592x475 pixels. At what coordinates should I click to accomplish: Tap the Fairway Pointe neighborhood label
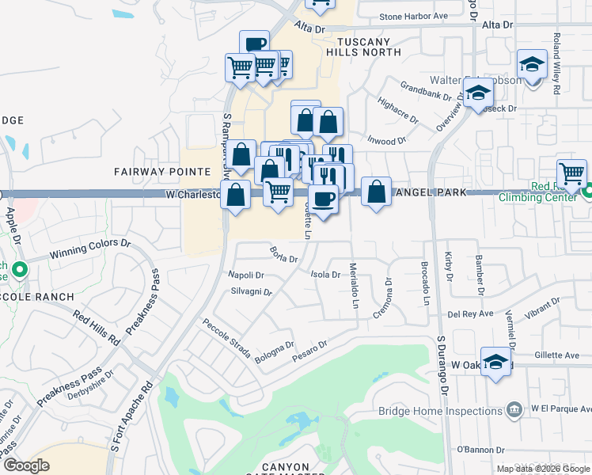[x=162, y=172]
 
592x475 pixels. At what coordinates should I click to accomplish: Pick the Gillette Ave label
[x=558, y=356]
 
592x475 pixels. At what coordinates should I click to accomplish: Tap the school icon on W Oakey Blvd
[x=495, y=363]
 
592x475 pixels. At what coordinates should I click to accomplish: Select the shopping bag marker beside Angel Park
[x=377, y=192]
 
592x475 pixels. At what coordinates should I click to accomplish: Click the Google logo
[x=27, y=465]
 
